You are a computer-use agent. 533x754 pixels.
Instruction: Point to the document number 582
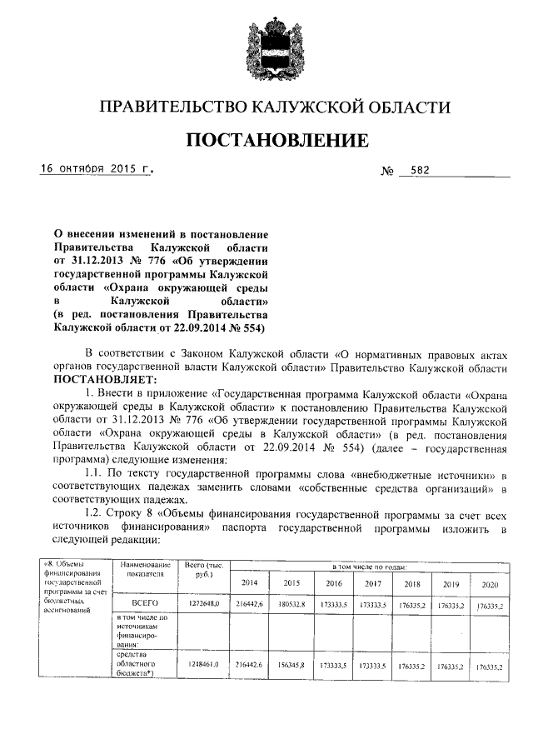click(x=421, y=169)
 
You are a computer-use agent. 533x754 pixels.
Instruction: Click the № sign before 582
click(x=387, y=171)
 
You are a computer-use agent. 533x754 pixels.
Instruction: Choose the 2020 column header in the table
click(x=490, y=583)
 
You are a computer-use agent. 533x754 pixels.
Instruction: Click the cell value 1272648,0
click(x=202, y=602)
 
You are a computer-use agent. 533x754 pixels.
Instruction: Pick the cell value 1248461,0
click(x=202, y=665)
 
